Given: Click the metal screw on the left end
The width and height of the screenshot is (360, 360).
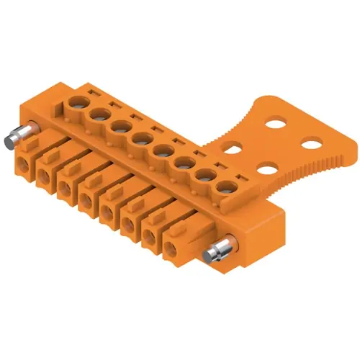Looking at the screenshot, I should click(x=17, y=135).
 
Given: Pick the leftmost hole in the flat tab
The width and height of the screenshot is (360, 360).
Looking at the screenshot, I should click(x=233, y=150).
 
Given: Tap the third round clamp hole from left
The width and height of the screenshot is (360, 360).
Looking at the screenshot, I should click(x=120, y=126).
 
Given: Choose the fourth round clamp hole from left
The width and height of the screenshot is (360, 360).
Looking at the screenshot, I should click(x=140, y=138).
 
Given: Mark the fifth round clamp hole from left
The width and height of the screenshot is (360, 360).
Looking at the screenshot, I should click(x=161, y=150).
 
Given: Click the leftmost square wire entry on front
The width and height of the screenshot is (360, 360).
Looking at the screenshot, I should click(x=24, y=164).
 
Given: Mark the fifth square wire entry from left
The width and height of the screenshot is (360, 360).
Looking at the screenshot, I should click(x=108, y=212).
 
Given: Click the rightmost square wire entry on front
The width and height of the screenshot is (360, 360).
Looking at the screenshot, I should click(x=171, y=249).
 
